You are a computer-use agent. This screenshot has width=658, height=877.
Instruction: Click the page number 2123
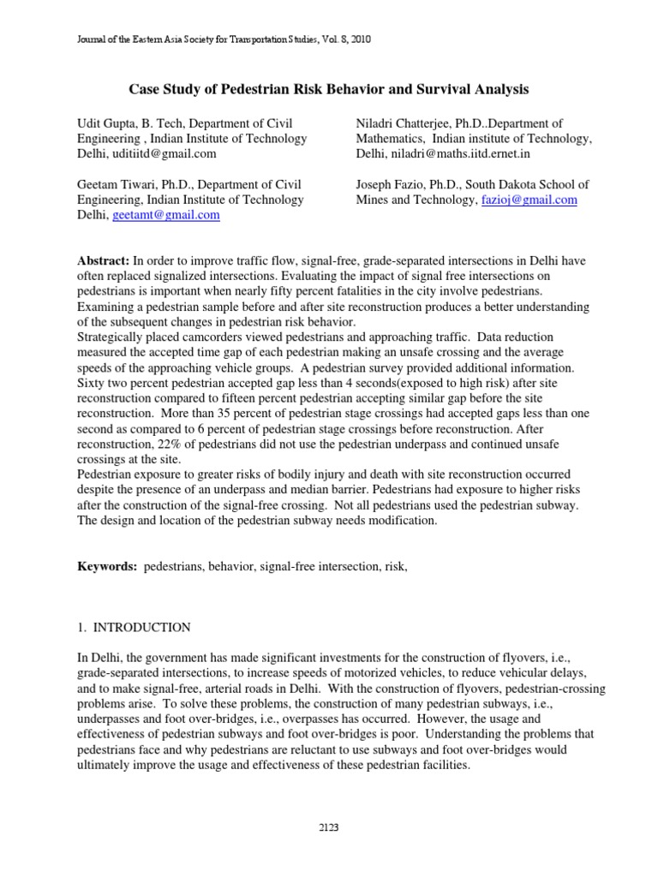point(328,826)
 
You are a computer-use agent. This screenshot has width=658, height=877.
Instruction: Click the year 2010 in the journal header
point(359,39)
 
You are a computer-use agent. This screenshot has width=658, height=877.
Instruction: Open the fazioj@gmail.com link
point(527,200)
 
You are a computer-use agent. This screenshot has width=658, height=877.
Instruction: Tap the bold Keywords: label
point(107,567)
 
